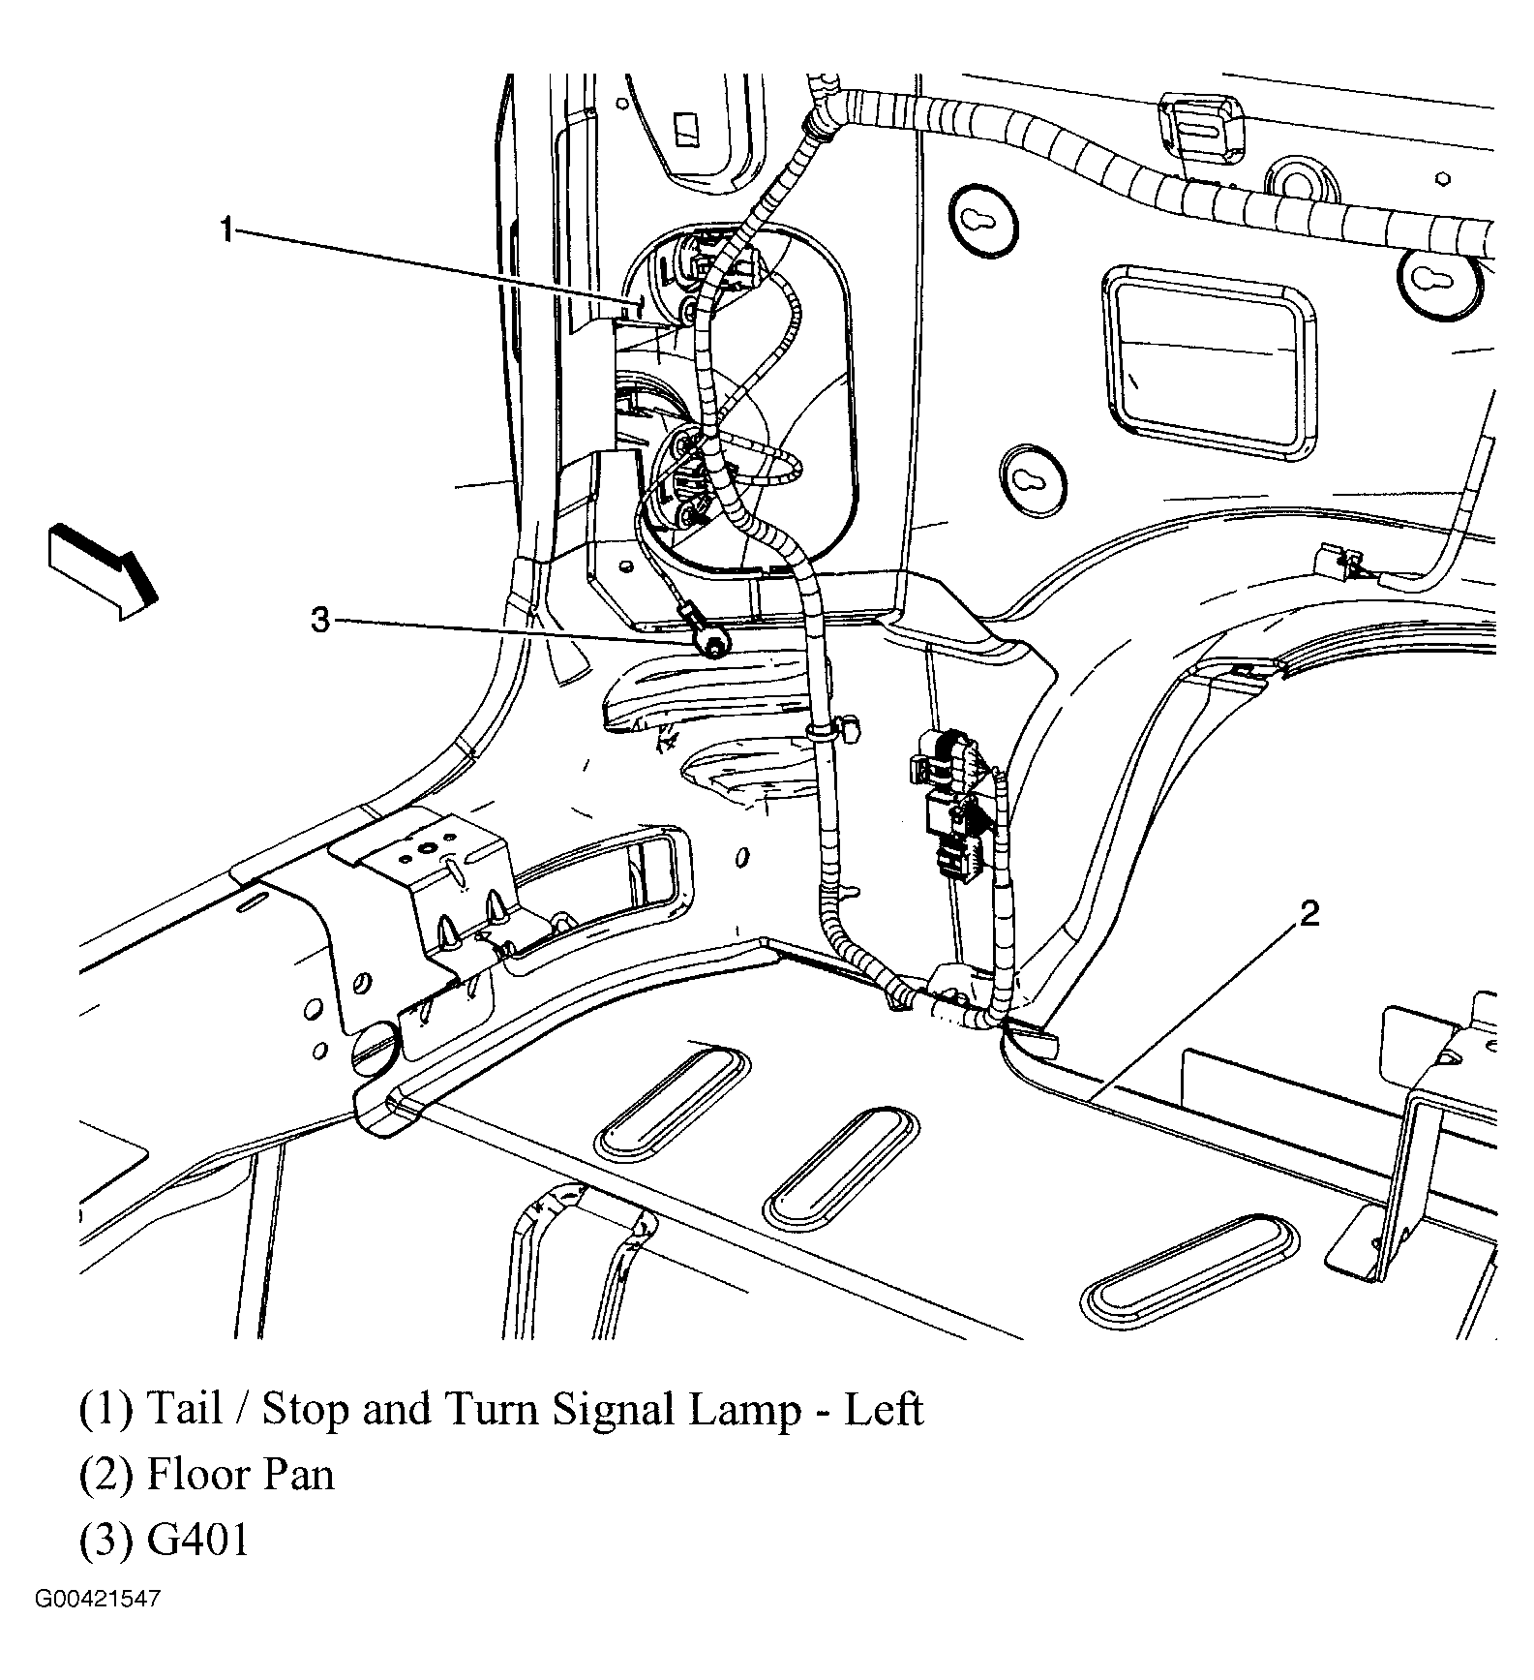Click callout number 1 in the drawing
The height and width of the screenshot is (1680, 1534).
pyautogui.click(x=226, y=230)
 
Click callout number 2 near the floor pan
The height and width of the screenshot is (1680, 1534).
pyautogui.click(x=1308, y=913)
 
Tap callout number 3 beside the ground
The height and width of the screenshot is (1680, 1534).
pyautogui.click(x=320, y=620)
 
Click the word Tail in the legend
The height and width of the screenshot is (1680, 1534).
pyautogui.click(x=184, y=1409)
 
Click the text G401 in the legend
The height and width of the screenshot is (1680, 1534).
pyautogui.click(x=198, y=1540)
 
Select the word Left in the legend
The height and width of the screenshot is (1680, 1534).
pyautogui.click(x=884, y=1409)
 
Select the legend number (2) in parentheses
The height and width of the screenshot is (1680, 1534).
pyautogui.click(x=105, y=1475)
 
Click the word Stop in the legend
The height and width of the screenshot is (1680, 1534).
pyautogui.click(x=305, y=1409)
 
